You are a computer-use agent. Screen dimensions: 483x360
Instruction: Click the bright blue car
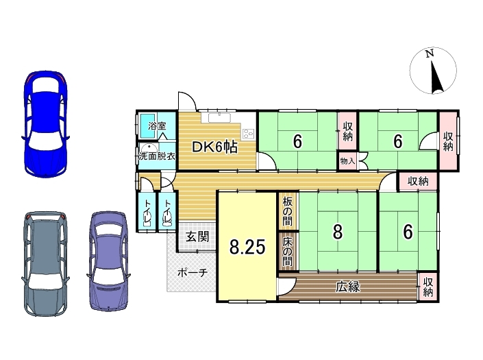click(46, 124)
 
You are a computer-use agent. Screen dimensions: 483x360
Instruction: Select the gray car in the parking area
click(46, 263)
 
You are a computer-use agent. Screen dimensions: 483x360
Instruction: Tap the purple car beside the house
click(108, 261)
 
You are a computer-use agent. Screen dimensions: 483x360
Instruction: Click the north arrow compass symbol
click(433, 71)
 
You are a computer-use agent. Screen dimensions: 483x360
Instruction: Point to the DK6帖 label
click(214, 147)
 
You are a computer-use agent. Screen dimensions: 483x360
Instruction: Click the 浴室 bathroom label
click(157, 125)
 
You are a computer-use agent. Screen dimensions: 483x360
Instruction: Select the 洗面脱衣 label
click(157, 156)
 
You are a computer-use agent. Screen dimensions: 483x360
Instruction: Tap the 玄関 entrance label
click(197, 237)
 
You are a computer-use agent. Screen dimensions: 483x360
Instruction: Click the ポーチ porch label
click(193, 273)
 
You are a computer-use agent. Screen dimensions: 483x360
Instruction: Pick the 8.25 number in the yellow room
click(247, 247)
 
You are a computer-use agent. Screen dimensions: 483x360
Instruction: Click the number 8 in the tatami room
click(338, 232)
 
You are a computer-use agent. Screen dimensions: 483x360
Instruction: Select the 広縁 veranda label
click(348, 287)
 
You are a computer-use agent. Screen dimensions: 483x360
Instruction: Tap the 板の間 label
click(287, 212)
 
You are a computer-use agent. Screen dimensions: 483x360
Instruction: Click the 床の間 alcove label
click(287, 252)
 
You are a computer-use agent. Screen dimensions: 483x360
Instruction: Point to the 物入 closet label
click(347, 161)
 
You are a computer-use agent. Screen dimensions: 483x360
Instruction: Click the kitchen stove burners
click(249, 133)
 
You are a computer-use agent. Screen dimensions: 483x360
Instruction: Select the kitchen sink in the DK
click(219, 118)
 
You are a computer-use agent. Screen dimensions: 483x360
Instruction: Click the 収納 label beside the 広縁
click(428, 287)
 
